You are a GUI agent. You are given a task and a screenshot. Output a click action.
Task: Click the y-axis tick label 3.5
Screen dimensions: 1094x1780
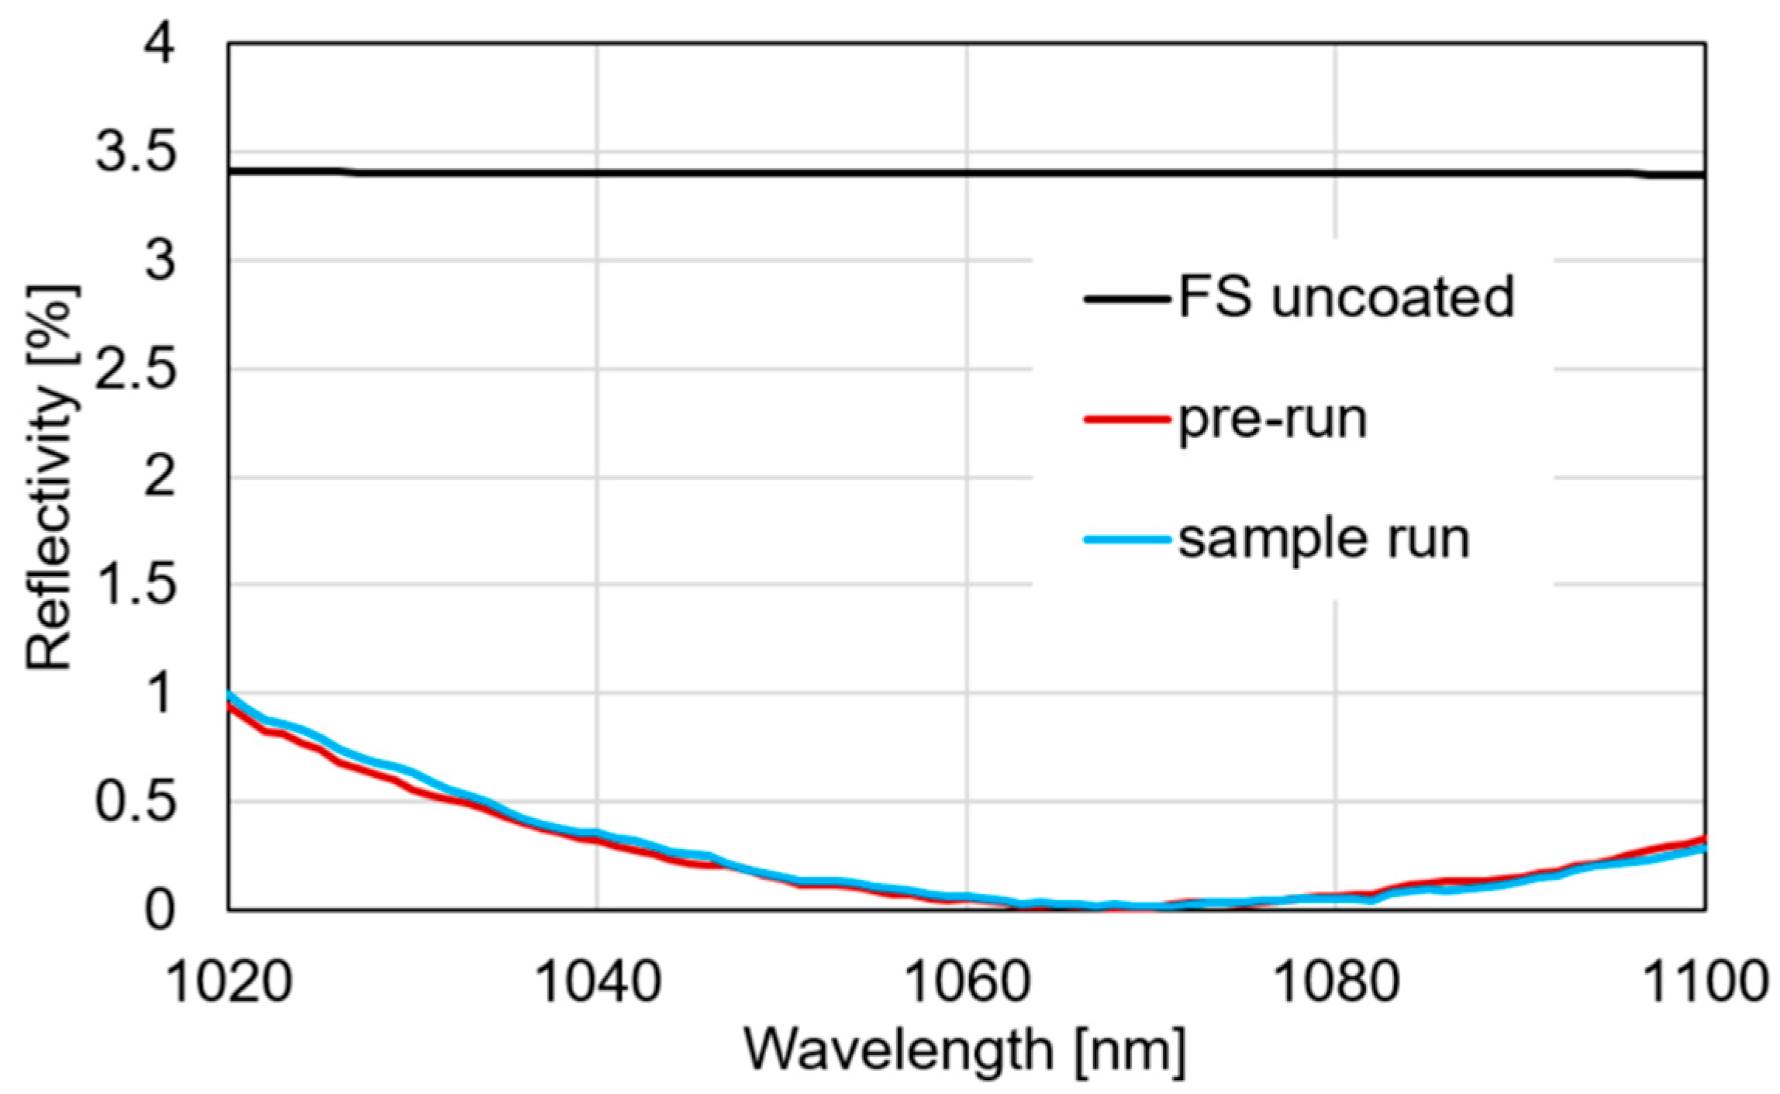click(x=135, y=152)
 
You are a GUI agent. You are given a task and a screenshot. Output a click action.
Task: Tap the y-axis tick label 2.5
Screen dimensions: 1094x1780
click(x=135, y=368)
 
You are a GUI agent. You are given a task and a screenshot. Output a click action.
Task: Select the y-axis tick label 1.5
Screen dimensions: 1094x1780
click(x=135, y=585)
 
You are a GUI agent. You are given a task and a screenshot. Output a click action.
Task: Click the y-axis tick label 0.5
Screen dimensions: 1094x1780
click(x=135, y=801)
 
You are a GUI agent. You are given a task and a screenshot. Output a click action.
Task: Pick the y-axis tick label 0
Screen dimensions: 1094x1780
click(x=160, y=910)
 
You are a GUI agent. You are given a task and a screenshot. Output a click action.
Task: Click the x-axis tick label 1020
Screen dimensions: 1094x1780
click(x=229, y=982)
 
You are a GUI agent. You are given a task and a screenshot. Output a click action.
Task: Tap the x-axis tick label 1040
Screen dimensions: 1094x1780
click(x=598, y=982)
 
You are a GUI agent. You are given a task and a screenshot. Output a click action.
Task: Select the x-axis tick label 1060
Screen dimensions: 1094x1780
click(x=967, y=982)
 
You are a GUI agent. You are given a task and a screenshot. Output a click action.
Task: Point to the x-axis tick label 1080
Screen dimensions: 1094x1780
click(x=1336, y=982)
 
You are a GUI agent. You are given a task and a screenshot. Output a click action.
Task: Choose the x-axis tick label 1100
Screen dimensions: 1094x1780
click(x=1704, y=982)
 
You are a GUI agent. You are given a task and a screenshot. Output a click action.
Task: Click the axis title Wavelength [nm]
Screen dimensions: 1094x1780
click(x=965, y=1051)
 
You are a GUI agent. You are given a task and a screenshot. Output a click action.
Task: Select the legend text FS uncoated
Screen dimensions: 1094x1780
click(x=1346, y=298)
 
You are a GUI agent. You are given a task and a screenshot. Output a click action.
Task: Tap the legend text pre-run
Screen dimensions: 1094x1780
click(x=1272, y=419)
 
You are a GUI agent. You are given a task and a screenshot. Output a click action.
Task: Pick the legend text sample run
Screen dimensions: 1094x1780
click(x=1323, y=539)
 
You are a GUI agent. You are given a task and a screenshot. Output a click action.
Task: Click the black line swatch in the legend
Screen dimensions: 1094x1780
click(x=1126, y=299)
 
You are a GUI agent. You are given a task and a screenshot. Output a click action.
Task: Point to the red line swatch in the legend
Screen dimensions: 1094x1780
click(x=1126, y=419)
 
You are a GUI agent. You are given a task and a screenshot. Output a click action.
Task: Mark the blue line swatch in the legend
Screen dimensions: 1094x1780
click(x=1126, y=539)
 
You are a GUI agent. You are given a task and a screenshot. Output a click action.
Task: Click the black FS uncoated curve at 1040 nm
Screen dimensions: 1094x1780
click(x=598, y=173)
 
